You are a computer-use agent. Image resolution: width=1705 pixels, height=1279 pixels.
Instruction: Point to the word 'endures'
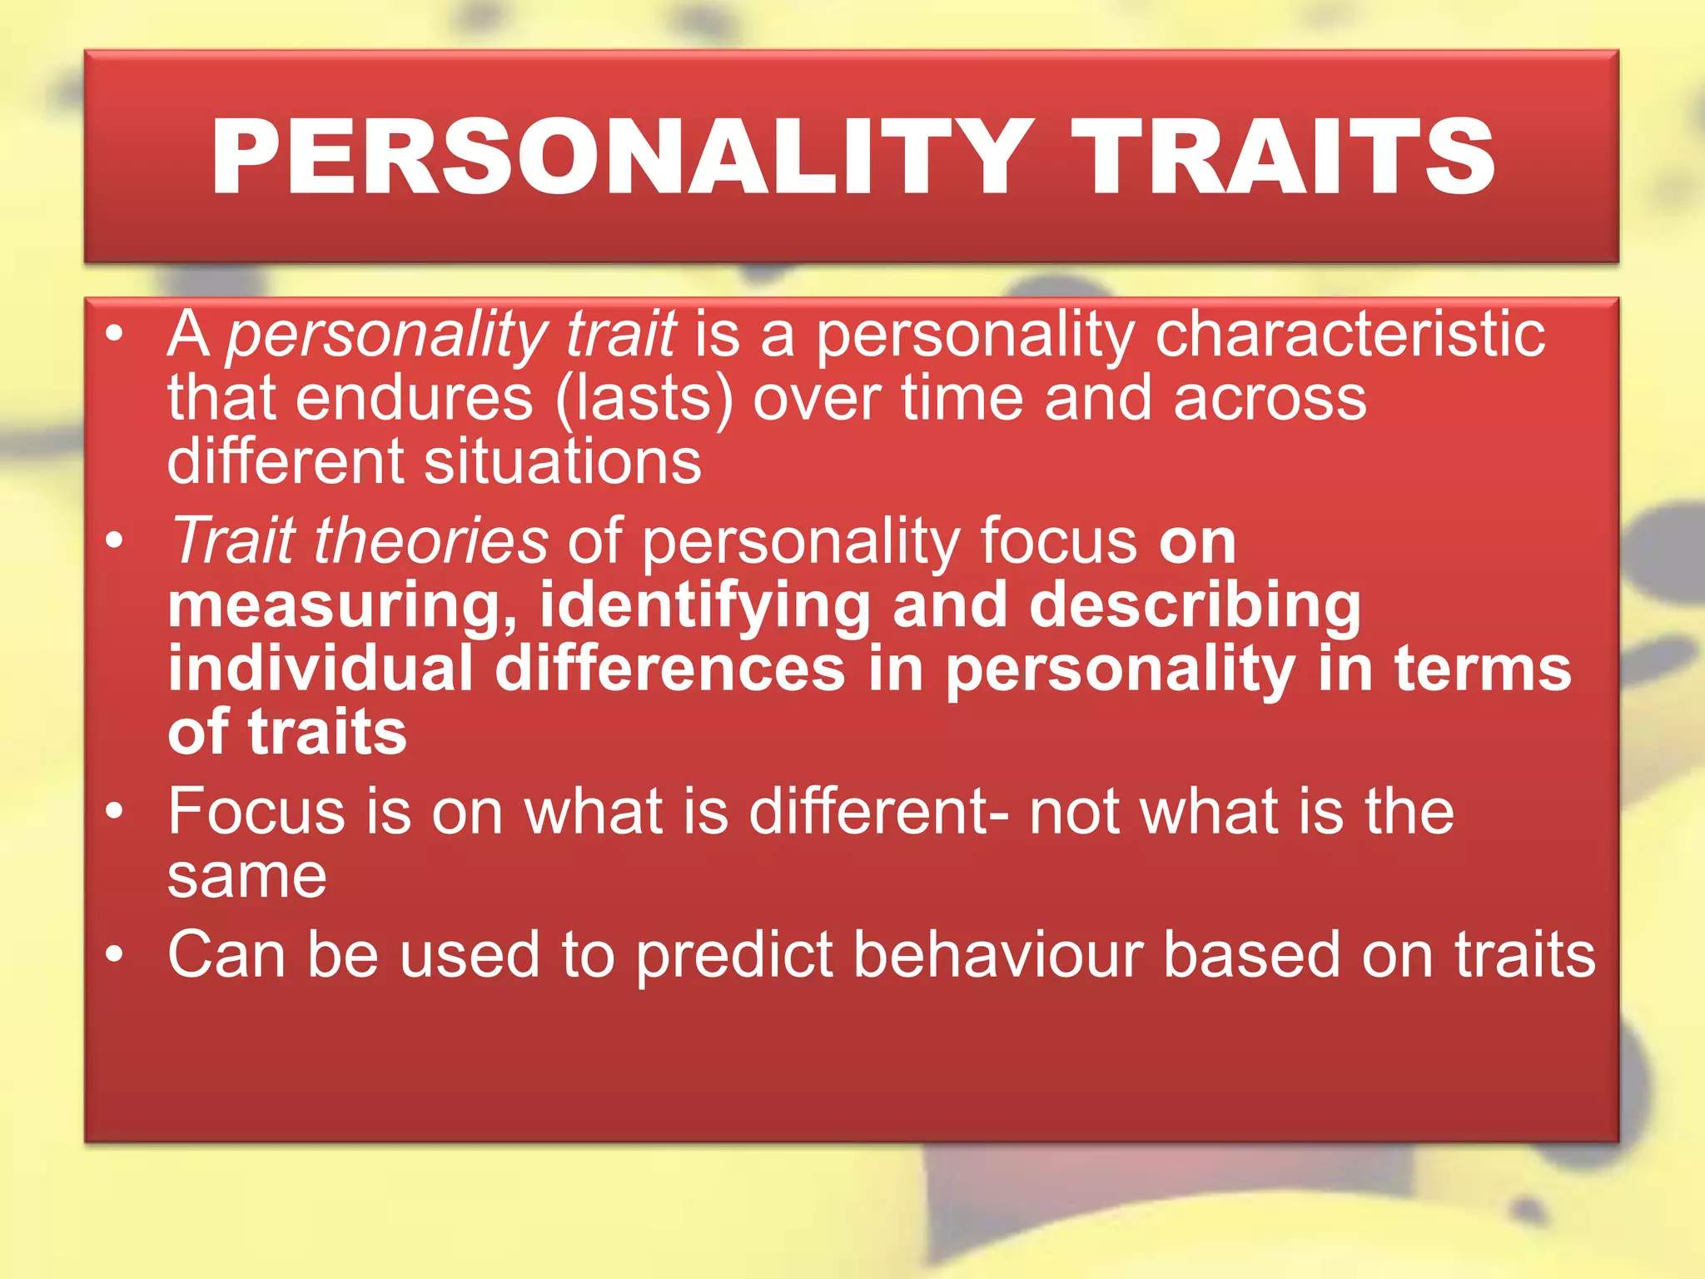click(414, 398)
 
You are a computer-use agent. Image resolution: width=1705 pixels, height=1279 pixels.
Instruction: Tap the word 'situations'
click(563, 461)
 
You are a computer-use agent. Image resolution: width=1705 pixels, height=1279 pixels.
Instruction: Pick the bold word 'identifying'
click(705, 606)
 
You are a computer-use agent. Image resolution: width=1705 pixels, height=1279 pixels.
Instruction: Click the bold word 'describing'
click(1195, 606)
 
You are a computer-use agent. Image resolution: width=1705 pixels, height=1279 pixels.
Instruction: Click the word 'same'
click(247, 876)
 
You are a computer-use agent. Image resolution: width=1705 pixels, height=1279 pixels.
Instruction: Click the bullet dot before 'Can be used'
click(115, 952)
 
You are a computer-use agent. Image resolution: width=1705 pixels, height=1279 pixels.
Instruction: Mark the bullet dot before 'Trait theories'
click(115, 540)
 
